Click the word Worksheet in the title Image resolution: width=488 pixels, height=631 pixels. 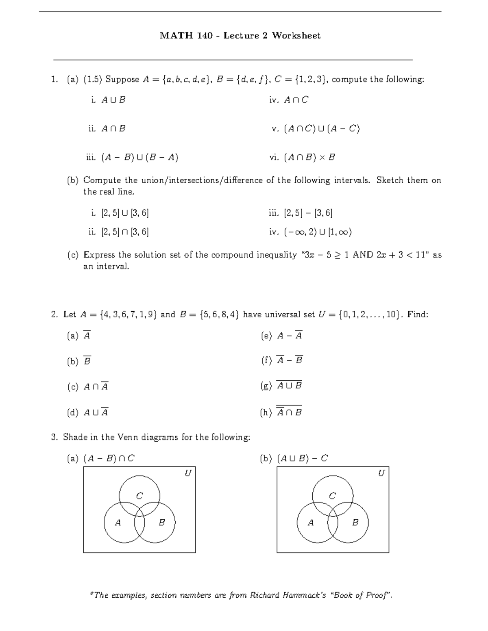pos(296,36)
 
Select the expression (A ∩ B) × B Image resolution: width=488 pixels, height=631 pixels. pos(309,157)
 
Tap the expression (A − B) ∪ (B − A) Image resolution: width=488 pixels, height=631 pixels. pos(140,157)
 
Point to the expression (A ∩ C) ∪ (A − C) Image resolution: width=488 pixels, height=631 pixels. pos(322,129)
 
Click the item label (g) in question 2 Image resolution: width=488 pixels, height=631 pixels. pos(266,386)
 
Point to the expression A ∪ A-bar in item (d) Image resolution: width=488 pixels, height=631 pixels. pos(96,412)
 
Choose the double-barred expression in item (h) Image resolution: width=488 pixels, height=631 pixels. pos(289,412)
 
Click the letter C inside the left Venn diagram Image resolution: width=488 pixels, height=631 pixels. pos(139,496)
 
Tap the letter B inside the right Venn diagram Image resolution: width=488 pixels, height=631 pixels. pos(355,523)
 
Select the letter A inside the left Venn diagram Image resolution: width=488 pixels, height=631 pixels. pos(118,523)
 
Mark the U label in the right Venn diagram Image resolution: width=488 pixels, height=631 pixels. pos(381,473)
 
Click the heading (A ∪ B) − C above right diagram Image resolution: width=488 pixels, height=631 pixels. pos(302,458)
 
